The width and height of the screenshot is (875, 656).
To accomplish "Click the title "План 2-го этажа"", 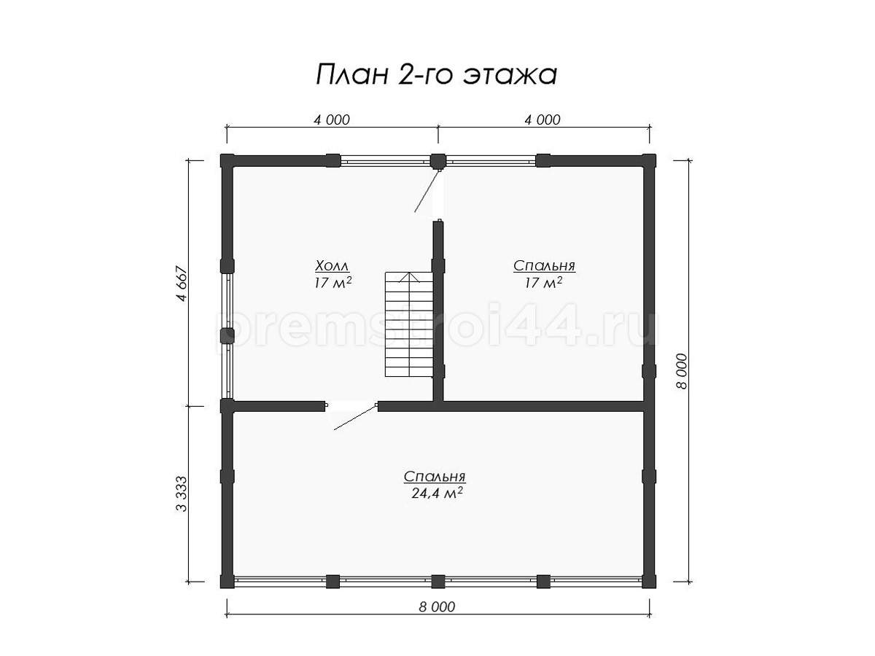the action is pos(436,74).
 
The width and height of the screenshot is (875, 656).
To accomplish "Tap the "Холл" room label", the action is pos(332,265).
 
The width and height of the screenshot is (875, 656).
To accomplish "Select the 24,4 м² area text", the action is pos(437,493).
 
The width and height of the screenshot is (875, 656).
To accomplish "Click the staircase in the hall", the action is pos(408,324).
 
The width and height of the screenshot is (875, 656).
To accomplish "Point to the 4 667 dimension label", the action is pos(182,284).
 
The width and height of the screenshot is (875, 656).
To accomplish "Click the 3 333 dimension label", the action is pos(182,494).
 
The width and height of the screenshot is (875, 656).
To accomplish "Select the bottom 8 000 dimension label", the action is pos(437,606).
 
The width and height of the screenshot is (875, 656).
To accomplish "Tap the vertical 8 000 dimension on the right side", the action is pos(682,371).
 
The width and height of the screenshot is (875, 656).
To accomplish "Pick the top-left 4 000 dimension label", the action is pos(332,120).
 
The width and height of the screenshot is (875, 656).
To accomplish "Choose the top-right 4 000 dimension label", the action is pos(542,120).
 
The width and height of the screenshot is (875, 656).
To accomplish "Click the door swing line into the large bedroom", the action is pos(355,418).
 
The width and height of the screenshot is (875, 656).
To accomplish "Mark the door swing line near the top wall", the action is pos(427,191).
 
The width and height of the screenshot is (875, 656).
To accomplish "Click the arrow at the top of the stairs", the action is pos(408,277).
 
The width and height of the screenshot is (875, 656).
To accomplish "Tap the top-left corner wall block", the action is pos(227,160).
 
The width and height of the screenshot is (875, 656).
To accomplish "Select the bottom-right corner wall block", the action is pos(648,582).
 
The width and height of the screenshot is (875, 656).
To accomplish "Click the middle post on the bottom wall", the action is pos(438,582).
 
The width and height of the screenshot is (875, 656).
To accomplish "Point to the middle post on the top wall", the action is pos(438,161).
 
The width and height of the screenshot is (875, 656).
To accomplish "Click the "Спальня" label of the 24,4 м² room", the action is pos(435,477).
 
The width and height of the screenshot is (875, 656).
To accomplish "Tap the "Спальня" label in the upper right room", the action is pos(544,265).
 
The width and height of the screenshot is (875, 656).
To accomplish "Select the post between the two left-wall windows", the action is pos(227,335).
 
